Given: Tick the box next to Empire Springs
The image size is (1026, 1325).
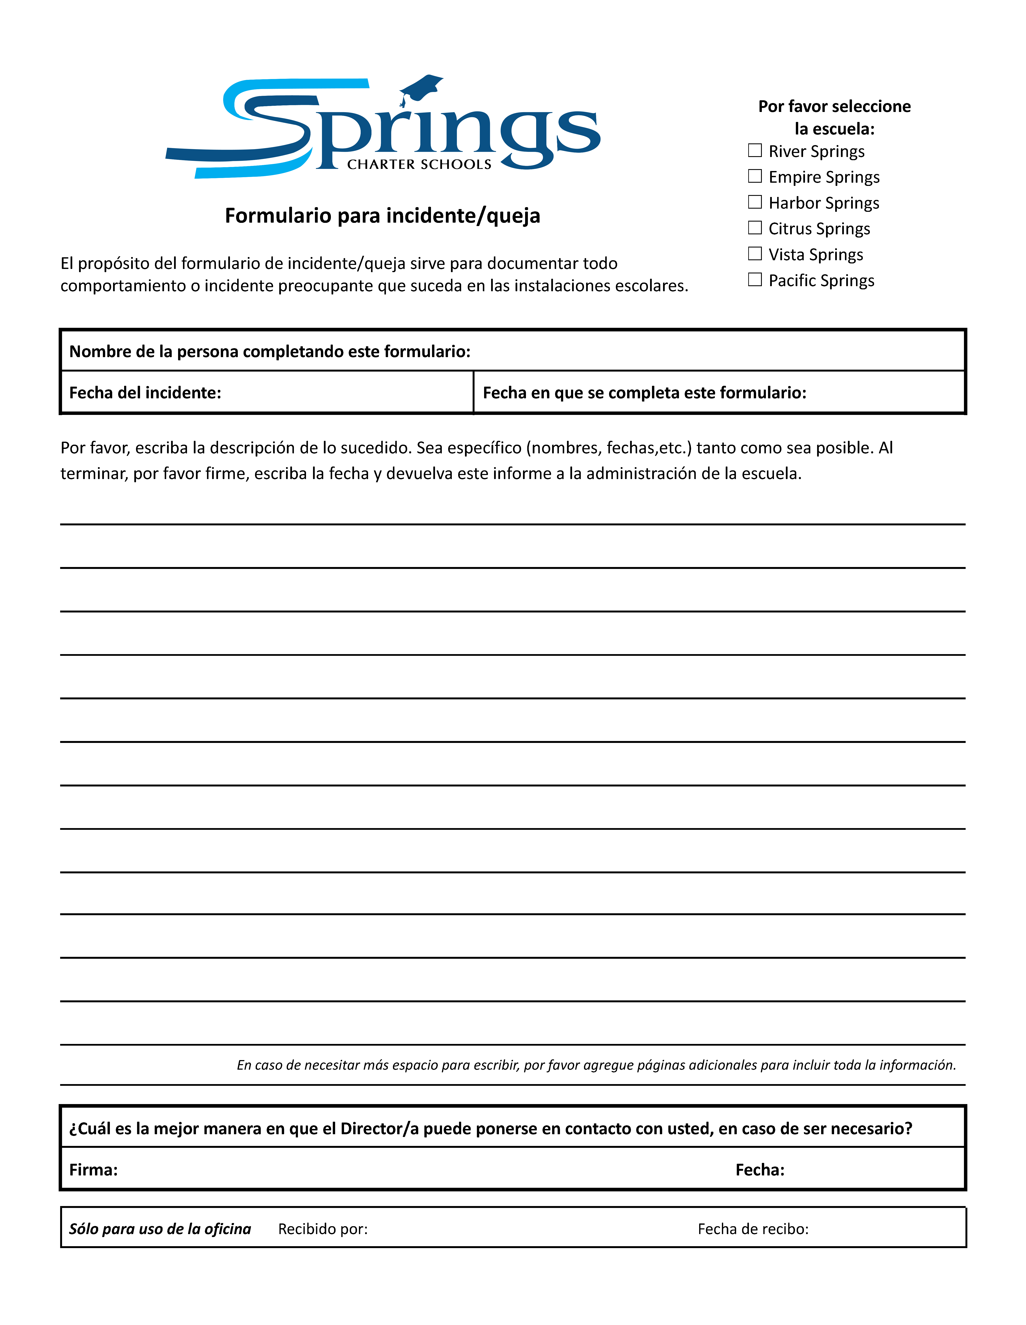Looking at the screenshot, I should pos(755,176).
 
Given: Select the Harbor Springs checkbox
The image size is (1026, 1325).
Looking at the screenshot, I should pos(755,201).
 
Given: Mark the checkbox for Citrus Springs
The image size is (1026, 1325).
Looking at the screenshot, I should pos(755,228).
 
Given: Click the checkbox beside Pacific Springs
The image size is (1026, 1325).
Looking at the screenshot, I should pos(755,279).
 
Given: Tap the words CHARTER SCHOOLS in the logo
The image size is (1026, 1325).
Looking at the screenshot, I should pos(419,164).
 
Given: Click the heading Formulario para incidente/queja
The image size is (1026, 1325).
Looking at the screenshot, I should pos(382,215).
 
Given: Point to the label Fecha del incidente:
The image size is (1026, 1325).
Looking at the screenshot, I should pos(145,393).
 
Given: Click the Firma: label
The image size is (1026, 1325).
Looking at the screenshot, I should pos(94,1170).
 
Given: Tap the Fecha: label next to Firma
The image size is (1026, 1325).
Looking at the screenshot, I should pos(760,1170).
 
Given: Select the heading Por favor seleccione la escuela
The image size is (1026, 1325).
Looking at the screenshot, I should pos(834,117).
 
